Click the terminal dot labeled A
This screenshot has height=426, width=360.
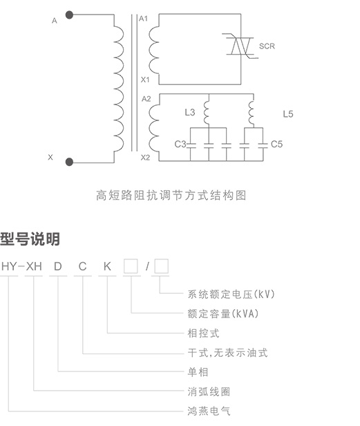click(x=70, y=15)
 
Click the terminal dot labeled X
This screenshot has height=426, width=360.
click(x=70, y=162)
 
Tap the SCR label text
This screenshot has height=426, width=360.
click(x=267, y=46)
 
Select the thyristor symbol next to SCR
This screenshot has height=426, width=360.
click(x=240, y=46)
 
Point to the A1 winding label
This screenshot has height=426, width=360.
click(x=143, y=19)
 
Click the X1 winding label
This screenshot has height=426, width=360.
click(x=145, y=80)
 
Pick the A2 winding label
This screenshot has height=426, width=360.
click(x=146, y=99)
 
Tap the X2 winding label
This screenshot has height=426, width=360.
click(x=145, y=158)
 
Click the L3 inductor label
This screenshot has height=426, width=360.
click(x=190, y=112)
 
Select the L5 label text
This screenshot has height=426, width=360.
click(x=288, y=114)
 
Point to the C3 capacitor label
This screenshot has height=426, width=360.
click(x=180, y=144)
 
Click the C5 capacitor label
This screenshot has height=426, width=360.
click(x=276, y=144)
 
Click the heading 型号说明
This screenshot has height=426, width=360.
click(x=30, y=239)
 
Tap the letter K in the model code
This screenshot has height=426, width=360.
click(x=107, y=266)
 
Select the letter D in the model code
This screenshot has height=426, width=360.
click(x=58, y=266)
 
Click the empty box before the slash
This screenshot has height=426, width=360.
click(x=131, y=266)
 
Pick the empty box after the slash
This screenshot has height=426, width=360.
click(x=161, y=266)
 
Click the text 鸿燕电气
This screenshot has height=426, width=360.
click(x=209, y=411)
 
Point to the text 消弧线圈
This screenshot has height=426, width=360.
click(x=209, y=391)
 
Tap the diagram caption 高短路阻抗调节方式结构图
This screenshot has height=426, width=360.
click(x=171, y=195)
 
